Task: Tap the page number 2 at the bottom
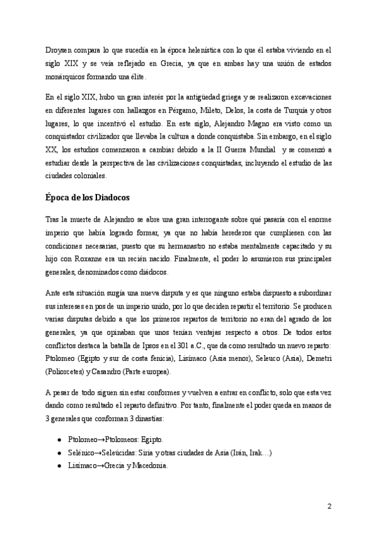pos(329,505)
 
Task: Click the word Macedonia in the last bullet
pos(147,465)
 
